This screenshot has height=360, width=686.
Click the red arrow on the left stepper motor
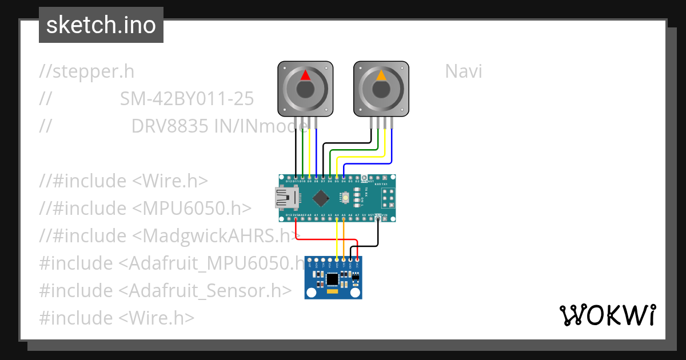[x=305, y=75]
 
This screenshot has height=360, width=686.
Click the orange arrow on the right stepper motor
[x=381, y=75]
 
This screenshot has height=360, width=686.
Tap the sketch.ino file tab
[x=101, y=25]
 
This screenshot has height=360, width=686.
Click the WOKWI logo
[x=607, y=315]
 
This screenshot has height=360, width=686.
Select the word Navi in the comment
[x=463, y=71]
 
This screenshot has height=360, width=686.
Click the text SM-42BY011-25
[x=187, y=99]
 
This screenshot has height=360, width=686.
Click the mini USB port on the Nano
[x=286, y=198]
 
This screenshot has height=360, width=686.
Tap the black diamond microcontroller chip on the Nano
[x=321, y=198]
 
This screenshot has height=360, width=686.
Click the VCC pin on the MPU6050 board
[x=358, y=260]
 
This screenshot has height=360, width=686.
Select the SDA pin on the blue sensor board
[x=337, y=260]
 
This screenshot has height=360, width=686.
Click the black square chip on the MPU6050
[x=333, y=278]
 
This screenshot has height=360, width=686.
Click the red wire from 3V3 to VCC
[x=326, y=239]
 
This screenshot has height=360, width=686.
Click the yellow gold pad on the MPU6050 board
[x=332, y=291]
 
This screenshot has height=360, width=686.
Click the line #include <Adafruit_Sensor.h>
[x=165, y=290]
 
